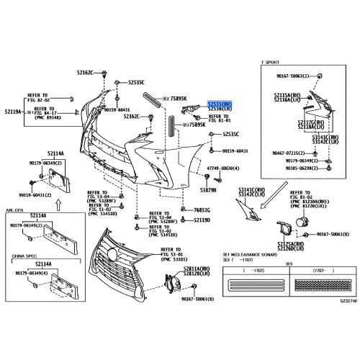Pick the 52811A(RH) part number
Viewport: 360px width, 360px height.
tap(197, 267)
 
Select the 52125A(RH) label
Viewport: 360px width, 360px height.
tap(290, 244)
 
